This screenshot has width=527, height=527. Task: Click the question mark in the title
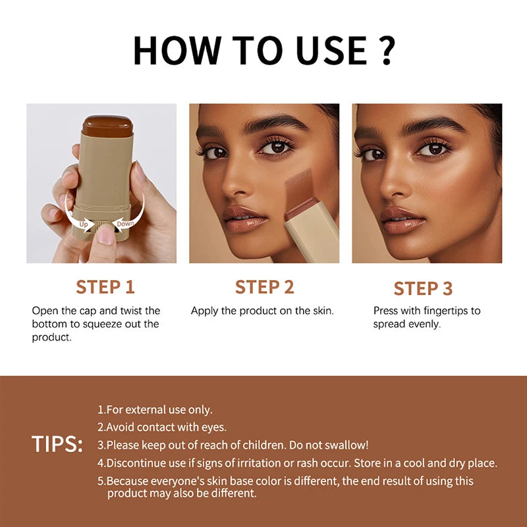[387, 51]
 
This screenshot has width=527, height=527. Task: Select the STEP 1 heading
[105, 287]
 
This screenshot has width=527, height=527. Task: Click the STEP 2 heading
[264, 287]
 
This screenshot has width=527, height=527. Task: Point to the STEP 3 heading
[424, 289]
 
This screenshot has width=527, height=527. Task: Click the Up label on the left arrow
[84, 224]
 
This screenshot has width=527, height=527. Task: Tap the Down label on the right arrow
[126, 224]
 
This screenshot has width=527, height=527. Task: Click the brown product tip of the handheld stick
[107, 123]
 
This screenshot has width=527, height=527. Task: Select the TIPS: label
[57, 444]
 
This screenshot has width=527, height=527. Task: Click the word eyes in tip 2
[214, 427]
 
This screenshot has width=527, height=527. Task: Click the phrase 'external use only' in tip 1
[173, 410]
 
